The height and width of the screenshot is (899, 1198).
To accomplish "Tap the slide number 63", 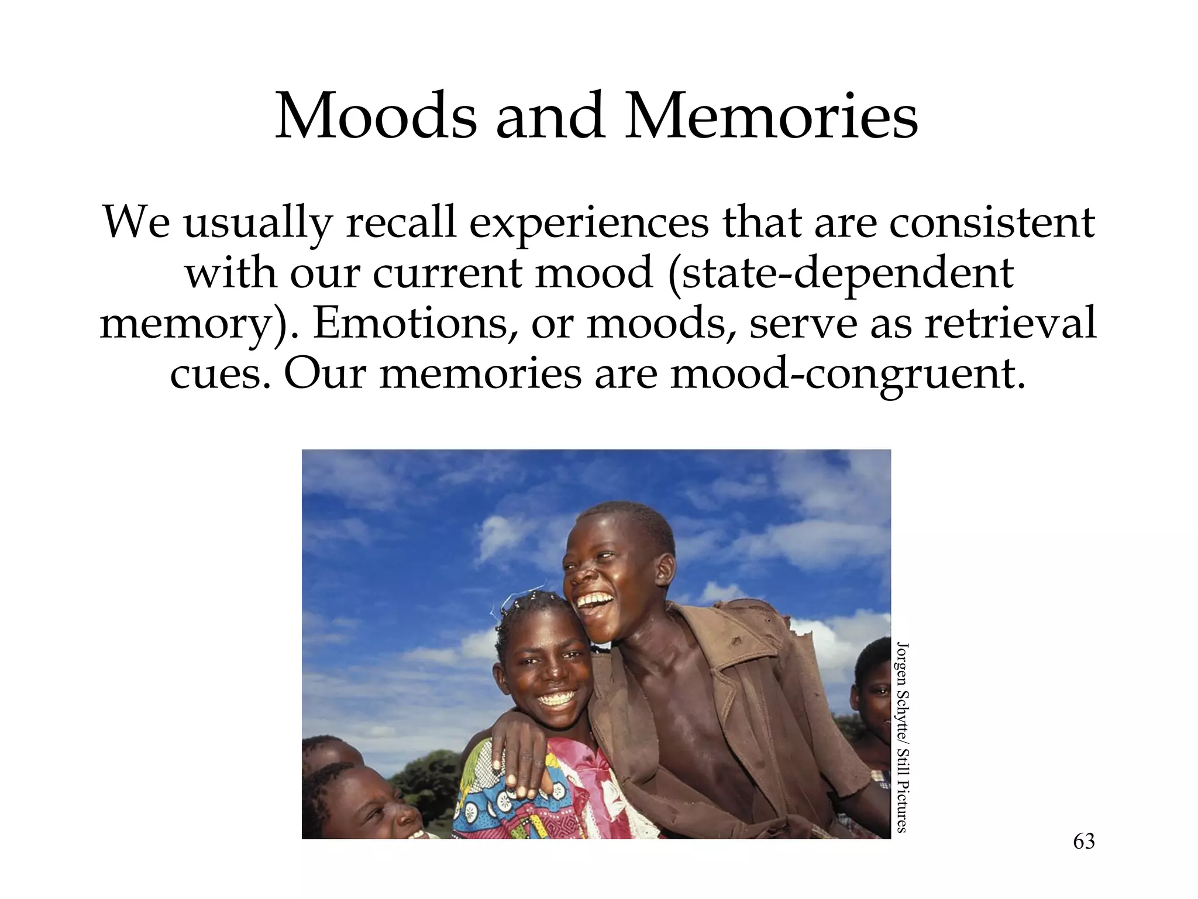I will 1083,842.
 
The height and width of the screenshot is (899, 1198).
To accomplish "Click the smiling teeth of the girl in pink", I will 556,699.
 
